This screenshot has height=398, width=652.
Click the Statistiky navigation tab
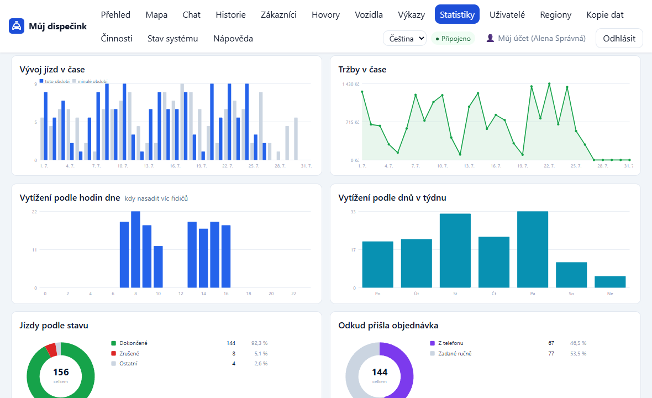(x=457, y=14)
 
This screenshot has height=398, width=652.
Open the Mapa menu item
(x=156, y=14)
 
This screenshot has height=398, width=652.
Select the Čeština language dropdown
(x=404, y=38)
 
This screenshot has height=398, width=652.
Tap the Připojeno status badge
(x=453, y=39)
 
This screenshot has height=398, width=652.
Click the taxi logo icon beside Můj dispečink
(x=17, y=26)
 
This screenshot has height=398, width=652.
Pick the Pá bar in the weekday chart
(x=533, y=249)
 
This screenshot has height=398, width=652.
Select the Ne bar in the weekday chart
(x=610, y=282)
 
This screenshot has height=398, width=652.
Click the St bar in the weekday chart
(x=455, y=251)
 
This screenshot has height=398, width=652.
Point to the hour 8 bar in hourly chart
(x=135, y=249)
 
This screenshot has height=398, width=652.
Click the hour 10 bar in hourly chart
(x=158, y=267)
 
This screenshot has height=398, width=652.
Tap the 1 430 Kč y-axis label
(x=351, y=84)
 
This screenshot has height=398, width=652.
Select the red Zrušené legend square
(x=113, y=353)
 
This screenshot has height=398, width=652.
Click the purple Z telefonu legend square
(x=433, y=343)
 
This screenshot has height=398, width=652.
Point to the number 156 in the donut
(x=61, y=372)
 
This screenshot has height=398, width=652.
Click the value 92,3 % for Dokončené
(x=260, y=343)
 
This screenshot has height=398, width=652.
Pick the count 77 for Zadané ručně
(x=551, y=353)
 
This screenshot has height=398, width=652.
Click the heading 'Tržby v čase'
(x=362, y=70)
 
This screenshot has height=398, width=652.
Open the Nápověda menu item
(x=233, y=38)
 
